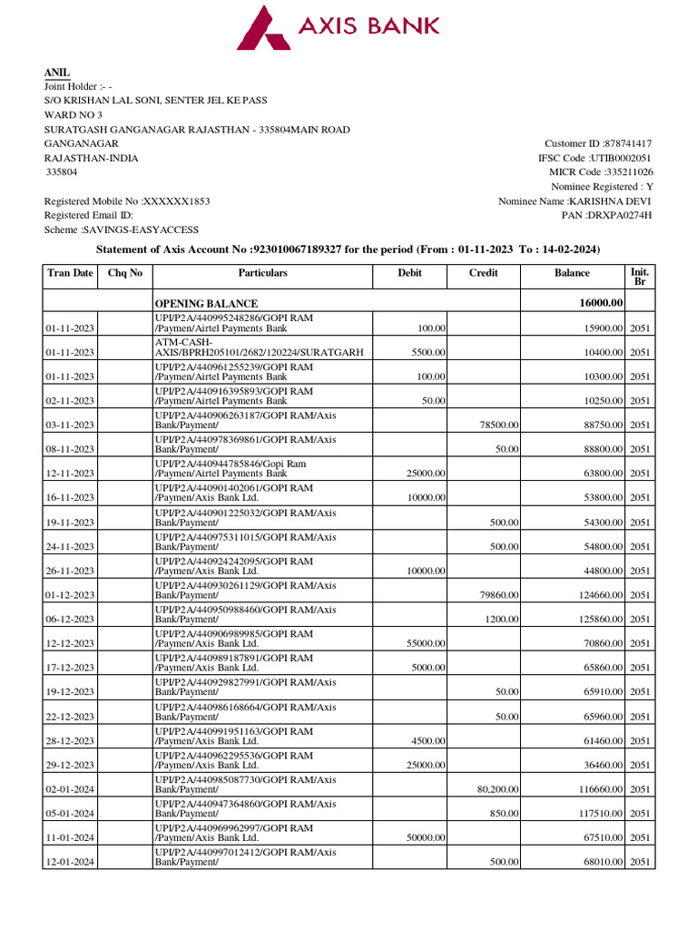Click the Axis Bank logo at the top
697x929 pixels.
pos(339,27)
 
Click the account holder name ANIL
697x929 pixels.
pos(57,73)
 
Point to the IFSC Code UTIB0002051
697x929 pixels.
pos(623,158)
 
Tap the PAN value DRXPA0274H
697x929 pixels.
pos(620,215)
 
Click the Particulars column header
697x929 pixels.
pos(262,272)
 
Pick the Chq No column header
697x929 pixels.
pos(125,272)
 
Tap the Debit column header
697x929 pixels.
pos(409,272)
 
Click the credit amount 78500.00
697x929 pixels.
pos(498,425)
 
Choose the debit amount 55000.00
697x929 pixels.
pos(422,644)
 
